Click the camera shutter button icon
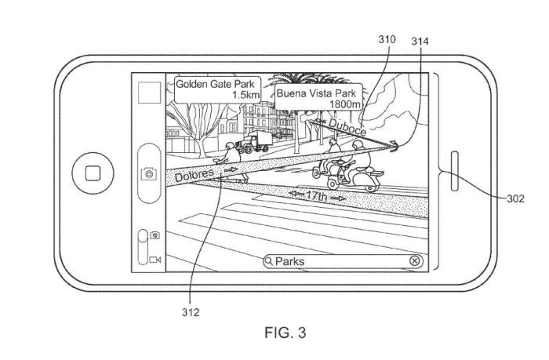(147, 174)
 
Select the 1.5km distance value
(245, 94)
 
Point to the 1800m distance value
(344, 104)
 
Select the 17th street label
(316, 194)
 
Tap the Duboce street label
(346, 126)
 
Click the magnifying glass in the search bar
(269, 261)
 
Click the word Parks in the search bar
(290, 261)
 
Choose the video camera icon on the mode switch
(155, 259)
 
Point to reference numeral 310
(387, 39)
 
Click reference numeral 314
(420, 41)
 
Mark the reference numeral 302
(515, 199)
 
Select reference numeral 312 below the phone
(190, 312)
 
